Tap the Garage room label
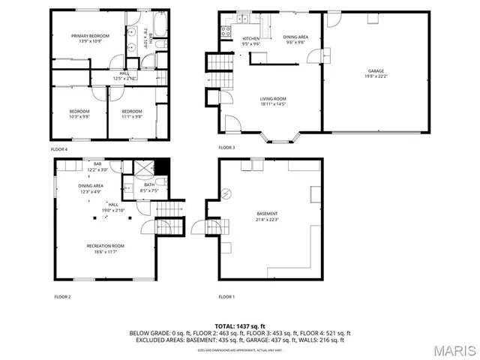[x=376, y=71]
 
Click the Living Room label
[x=273, y=99]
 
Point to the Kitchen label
[x=250, y=38]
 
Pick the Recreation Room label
[x=105, y=246]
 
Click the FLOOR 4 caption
[x=59, y=149]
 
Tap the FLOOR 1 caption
[x=226, y=297]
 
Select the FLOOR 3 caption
[x=226, y=148]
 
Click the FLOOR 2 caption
[x=62, y=297]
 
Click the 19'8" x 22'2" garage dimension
[x=376, y=76]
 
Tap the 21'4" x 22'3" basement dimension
[x=266, y=219]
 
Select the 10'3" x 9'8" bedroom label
[x=79, y=116]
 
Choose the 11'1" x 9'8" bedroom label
[x=132, y=116]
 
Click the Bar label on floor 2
[x=97, y=164]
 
